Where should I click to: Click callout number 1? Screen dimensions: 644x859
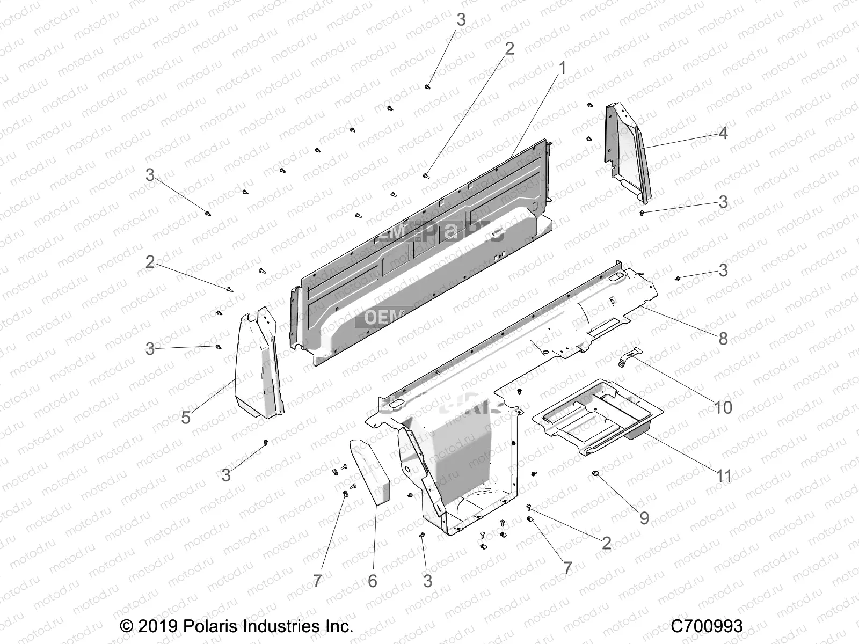coord(562,68)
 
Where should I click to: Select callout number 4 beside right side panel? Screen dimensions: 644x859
coord(723,133)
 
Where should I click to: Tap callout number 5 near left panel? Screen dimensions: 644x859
coord(186,417)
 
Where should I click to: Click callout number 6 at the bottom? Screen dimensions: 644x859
coord(373,581)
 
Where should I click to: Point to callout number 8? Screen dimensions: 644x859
coord(723,339)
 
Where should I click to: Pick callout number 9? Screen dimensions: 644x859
coord(644,517)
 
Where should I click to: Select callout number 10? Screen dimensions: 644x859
coord(723,407)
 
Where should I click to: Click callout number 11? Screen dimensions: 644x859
coord(724,475)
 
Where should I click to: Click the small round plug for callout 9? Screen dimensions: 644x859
coord(595,473)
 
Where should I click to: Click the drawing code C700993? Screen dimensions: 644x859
coord(707,626)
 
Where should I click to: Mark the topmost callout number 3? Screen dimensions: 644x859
coord(461,20)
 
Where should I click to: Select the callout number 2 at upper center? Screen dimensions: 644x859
coord(509,48)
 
